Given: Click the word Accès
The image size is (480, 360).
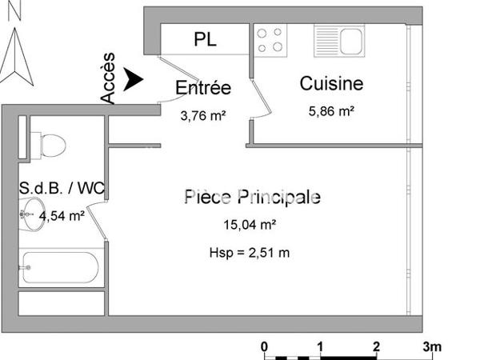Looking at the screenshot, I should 109,78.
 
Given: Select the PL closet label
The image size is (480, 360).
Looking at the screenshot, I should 206,38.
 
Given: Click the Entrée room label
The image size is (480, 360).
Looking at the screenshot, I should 203,88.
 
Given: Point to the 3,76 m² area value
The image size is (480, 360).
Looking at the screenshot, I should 202,115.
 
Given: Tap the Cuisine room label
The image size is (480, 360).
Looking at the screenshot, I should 331,83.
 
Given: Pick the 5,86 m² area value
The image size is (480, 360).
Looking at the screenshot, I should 332,112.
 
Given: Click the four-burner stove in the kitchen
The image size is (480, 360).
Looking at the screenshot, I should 270,38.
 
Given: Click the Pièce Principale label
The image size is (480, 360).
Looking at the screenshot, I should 252,197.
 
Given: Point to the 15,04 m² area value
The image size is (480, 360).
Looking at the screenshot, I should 250,225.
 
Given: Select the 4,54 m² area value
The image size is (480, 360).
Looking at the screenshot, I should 62,214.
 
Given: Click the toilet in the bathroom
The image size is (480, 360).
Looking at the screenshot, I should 50,145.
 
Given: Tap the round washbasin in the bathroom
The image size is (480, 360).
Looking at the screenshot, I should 32,214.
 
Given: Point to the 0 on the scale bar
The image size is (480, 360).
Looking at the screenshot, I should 264,346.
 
